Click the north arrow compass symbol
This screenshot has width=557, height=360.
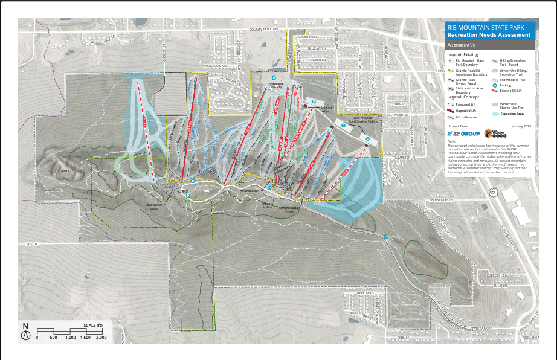coord(25,329)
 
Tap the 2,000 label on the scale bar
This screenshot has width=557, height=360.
coord(101,338)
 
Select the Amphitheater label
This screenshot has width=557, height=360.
coord(249,190)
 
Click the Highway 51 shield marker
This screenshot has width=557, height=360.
coord(494,193)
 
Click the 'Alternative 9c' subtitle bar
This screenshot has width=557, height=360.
coord(490,45)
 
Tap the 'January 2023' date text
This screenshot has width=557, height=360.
coord(522,126)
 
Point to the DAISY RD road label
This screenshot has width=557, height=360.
coord(32,244)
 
